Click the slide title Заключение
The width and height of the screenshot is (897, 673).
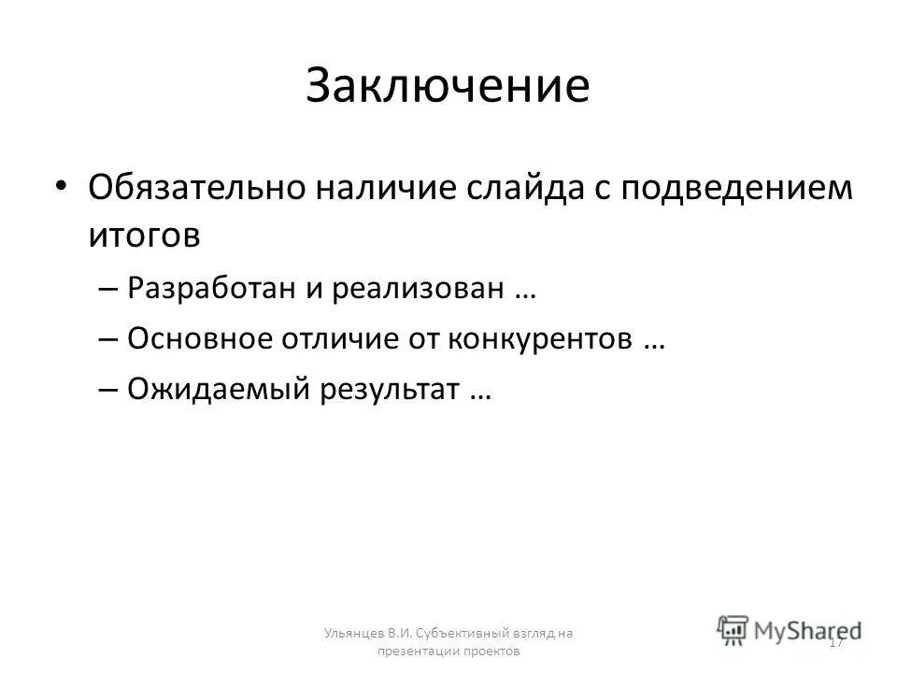pyautogui.click(x=448, y=85)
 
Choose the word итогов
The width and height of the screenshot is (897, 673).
pyautogui.click(x=145, y=234)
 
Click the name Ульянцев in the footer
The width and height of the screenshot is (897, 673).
pyautogui.click(x=349, y=633)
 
